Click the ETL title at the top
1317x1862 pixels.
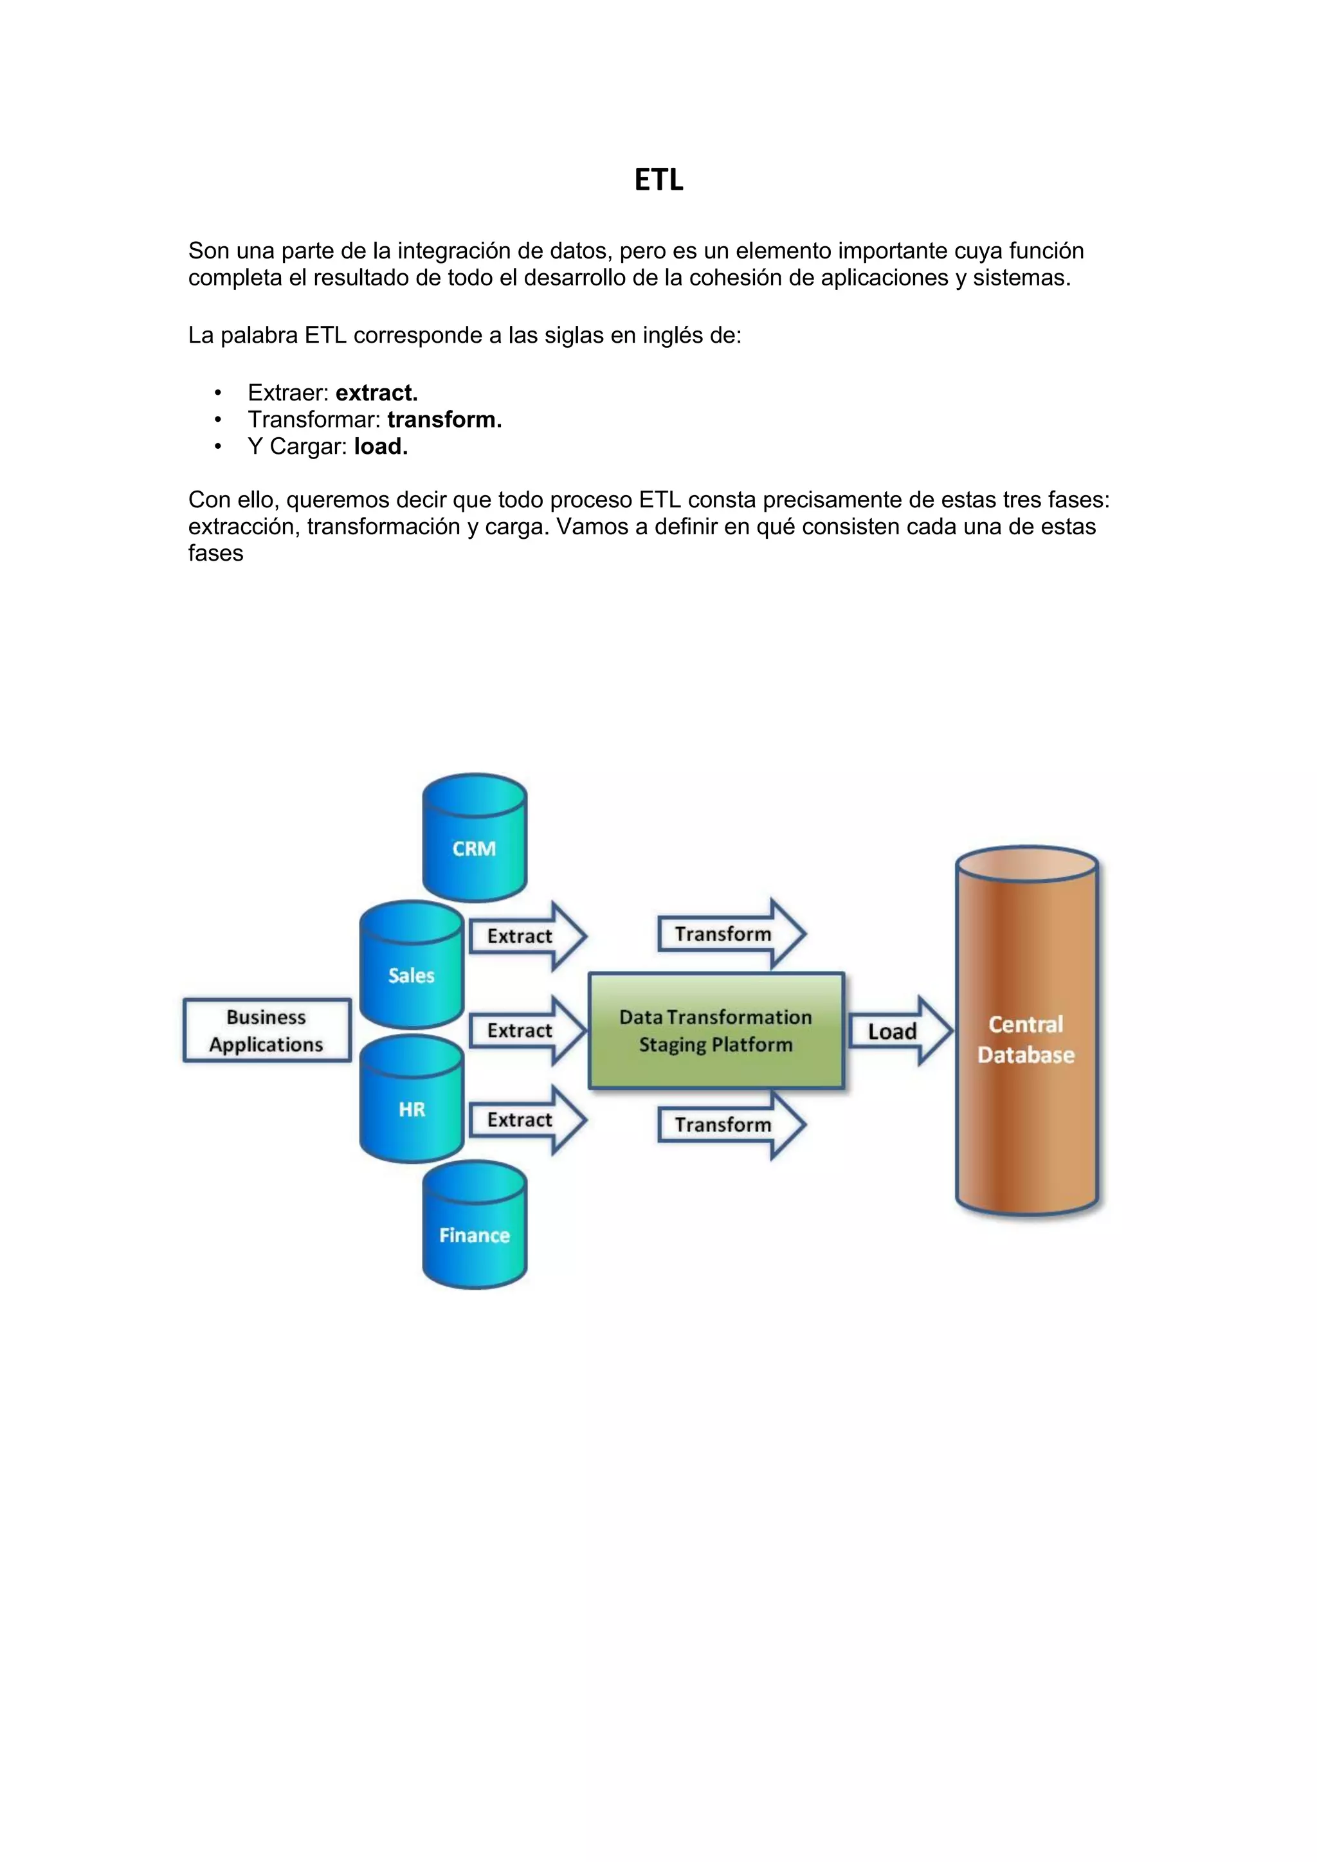tap(658, 180)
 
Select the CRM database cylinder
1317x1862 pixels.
tap(475, 838)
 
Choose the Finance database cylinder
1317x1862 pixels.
tap(475, 1226)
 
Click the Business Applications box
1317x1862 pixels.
tap(267, 1030)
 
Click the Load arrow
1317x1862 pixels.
tap(898, 1031)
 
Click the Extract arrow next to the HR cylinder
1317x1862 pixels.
tap(526, 1120)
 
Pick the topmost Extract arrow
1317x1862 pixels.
tap(526, 936)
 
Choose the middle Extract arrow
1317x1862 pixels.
tap(526, 1030)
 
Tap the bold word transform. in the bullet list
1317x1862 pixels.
tap(444, 419)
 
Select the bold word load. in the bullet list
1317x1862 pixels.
tap(380, 446)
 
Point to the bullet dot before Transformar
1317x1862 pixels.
tap(217, 420)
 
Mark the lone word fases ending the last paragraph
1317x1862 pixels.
tap(215, 553)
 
